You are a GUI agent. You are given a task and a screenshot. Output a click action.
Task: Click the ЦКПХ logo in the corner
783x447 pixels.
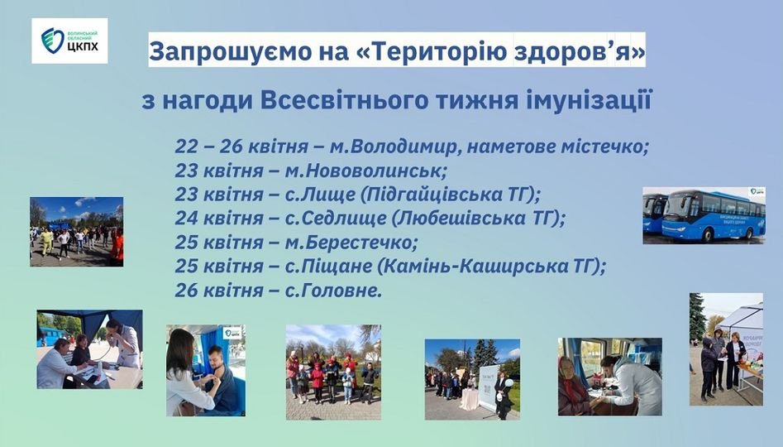69,41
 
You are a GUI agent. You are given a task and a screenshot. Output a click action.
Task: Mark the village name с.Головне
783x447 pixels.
333,291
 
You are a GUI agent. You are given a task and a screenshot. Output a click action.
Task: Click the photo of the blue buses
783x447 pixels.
704,215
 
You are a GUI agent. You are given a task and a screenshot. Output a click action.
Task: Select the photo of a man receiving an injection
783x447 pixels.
206,371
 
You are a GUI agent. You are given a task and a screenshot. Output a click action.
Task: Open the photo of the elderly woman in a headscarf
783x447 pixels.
609,377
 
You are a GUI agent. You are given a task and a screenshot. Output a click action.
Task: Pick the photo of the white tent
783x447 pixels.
726,349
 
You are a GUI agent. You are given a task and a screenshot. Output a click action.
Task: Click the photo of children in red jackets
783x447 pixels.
333,372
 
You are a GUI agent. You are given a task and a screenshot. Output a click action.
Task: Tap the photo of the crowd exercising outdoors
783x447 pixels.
76,232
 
